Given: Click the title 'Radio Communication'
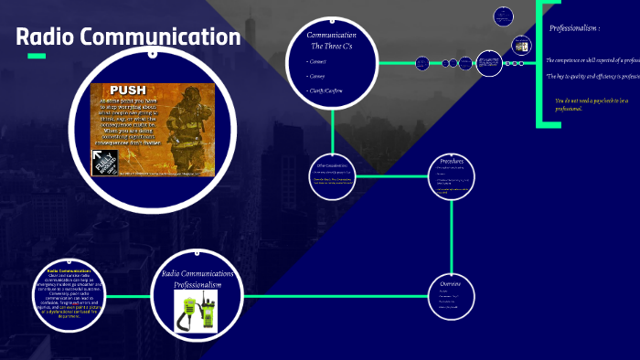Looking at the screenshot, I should click(x=128, y=37).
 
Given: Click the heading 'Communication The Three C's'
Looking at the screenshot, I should click(x=332, y=40).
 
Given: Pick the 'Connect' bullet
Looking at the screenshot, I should click(x=317, y=61).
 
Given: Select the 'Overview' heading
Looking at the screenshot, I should click(x=453, y=284).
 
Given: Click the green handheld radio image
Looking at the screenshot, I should click(x=197, y=312).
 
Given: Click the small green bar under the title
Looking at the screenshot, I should click(x=37, y=57).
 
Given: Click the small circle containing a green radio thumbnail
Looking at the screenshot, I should click(x=521, y=44).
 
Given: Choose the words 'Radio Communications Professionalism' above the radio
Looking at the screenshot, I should click(x=197, y=280).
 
